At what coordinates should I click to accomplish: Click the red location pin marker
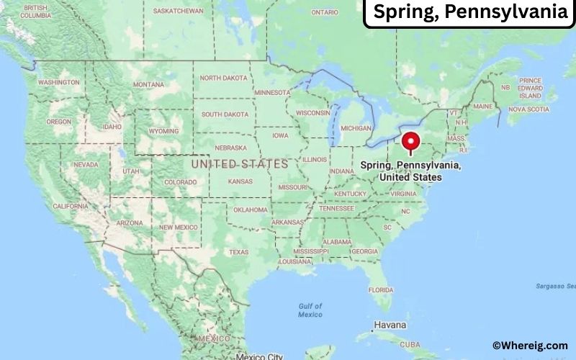click(411, 141)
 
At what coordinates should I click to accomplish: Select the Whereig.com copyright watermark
click(529, 346)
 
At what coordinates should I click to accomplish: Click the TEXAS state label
click(238, 252)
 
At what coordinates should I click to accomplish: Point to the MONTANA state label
click(148, 84)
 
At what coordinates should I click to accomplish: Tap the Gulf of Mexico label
click(310, 310)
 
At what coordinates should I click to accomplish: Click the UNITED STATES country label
click(240, 164)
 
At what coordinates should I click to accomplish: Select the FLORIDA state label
click(380, 289)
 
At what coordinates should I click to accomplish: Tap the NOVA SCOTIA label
click(528, 109)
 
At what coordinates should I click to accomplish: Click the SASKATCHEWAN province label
click(179, 12)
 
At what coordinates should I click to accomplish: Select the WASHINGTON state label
click(59, 82)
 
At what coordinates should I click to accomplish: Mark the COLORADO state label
click(180, 182)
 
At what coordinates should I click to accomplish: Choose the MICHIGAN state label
click(356, 127)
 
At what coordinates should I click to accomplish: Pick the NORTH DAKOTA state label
click(223, 78)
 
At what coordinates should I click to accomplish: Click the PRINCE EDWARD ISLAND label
click(530, 88)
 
